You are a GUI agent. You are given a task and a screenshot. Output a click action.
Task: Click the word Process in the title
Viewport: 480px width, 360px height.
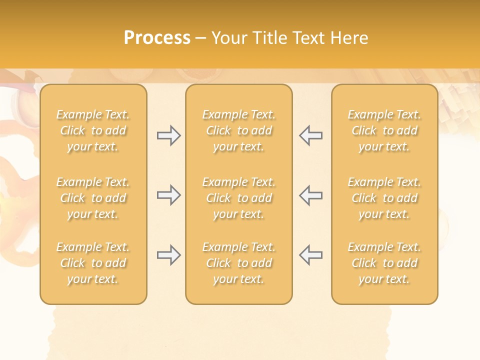coord(157,38)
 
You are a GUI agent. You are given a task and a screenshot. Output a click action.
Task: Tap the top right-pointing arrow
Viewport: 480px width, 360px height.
coord(168,135)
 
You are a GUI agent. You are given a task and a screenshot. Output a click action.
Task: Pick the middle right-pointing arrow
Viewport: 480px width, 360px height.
coord(168,195)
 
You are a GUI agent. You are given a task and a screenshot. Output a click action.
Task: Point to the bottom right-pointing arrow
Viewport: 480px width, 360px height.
coord(168,255)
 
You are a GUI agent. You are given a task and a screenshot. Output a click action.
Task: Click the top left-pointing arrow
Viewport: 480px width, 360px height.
coord(311,135)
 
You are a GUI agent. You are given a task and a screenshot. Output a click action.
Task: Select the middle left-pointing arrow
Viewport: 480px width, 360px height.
coord(311,195)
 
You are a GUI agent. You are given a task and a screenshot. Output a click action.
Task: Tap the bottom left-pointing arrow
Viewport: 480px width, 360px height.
coord(311,255)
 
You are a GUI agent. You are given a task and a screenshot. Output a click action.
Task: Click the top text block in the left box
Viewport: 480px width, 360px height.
coord(93,130)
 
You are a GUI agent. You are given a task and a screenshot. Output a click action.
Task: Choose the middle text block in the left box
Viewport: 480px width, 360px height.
coord(93,198)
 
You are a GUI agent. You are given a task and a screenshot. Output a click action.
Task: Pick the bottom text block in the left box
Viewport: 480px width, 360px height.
coord(93,263)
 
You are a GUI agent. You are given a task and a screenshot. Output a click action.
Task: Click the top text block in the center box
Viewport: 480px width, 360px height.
coord(239,130)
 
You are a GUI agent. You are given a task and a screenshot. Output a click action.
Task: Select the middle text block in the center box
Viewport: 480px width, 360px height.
coord(239,198)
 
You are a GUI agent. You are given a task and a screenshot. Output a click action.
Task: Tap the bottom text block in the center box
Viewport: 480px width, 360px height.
coord(239,263)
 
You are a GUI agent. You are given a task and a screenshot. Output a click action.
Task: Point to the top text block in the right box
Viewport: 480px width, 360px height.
coord(384,130)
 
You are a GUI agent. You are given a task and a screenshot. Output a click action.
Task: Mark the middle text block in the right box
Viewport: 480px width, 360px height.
coord(384,198)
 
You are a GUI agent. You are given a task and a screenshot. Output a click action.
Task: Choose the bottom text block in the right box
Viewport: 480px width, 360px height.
coord(384,263)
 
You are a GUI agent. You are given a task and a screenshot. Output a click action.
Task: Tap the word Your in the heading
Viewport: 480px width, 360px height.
coord(229,38)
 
